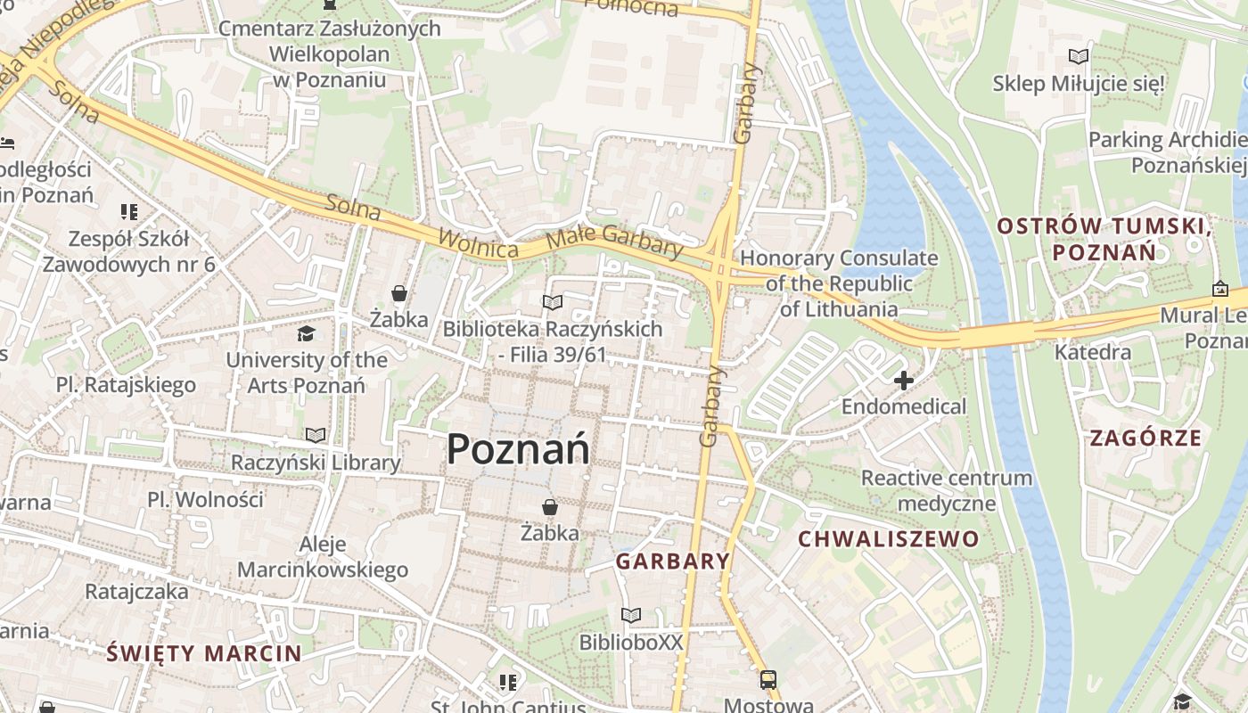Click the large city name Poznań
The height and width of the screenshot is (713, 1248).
pos(517,448)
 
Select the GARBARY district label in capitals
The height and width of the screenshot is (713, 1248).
pos(673,561)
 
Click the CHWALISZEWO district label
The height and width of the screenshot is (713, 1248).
pos(888,539)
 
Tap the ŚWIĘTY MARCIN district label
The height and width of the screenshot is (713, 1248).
pos(204,653)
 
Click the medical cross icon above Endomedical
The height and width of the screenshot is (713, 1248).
pos(904,381)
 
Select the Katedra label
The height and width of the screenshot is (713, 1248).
pos(1093,352)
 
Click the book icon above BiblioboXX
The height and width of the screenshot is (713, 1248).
pos(631,616)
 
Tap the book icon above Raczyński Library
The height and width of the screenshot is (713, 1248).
pos(316,436)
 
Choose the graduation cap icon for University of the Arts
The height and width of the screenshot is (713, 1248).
pos(306,334)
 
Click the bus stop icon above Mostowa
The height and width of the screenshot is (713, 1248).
pos(768,680)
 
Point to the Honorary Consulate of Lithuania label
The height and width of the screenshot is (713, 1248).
pos(839,283)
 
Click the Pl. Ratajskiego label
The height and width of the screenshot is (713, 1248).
pos(126,385)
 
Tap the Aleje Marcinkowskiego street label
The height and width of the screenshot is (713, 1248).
pos(323,557)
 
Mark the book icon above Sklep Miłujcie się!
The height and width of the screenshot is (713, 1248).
pos(1079,57)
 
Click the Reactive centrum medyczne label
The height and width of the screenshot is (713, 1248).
pos(946,490)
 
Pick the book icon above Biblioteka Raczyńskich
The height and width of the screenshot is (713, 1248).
pos(553,303)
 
